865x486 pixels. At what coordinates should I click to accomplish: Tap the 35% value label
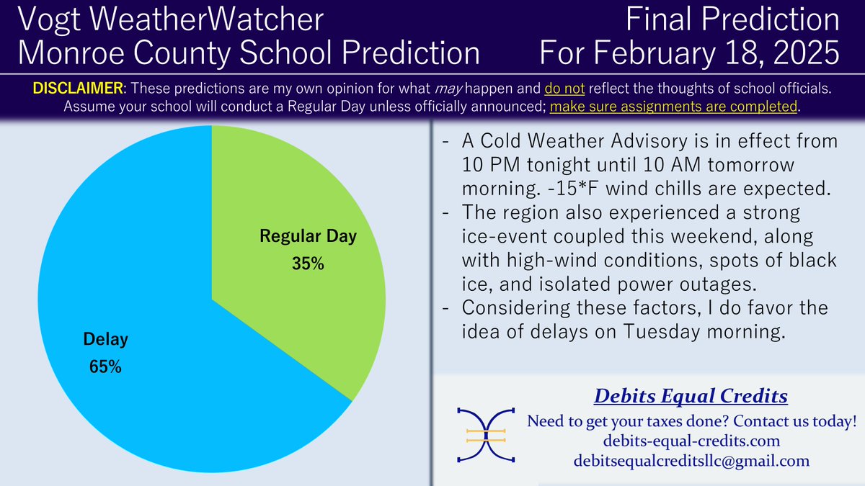(x=308, y=264)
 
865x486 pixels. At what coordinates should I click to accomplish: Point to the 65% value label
(x=105, y=366)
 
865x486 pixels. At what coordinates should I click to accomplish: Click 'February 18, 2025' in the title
(x=726, y=53)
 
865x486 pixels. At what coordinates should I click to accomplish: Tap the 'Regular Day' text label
(x=308, y=236)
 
